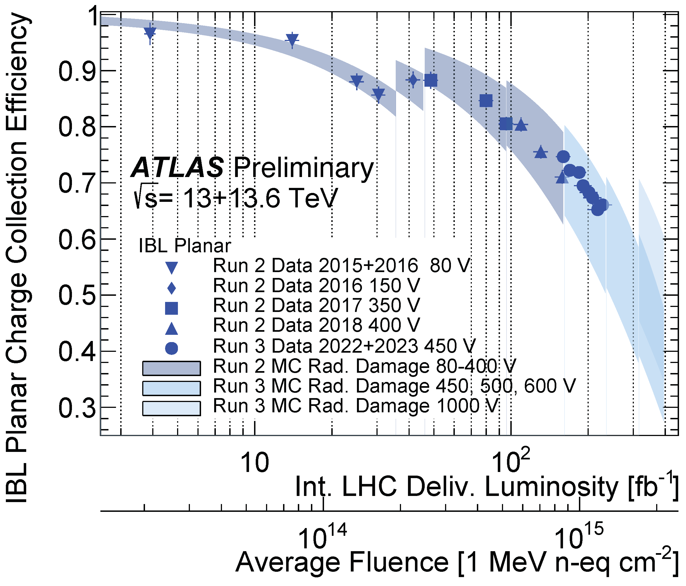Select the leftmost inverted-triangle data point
(x=150, y=33)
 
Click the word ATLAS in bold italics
(x=177, y=168)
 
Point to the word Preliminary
(x=304, y=168)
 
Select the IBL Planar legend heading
(x=184, y=246)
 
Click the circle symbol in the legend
(x=171, y=348)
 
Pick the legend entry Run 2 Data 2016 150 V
(x=316, y=285)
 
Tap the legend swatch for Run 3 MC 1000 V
(x=171, y=408)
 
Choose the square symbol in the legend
(x=171, y=308)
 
